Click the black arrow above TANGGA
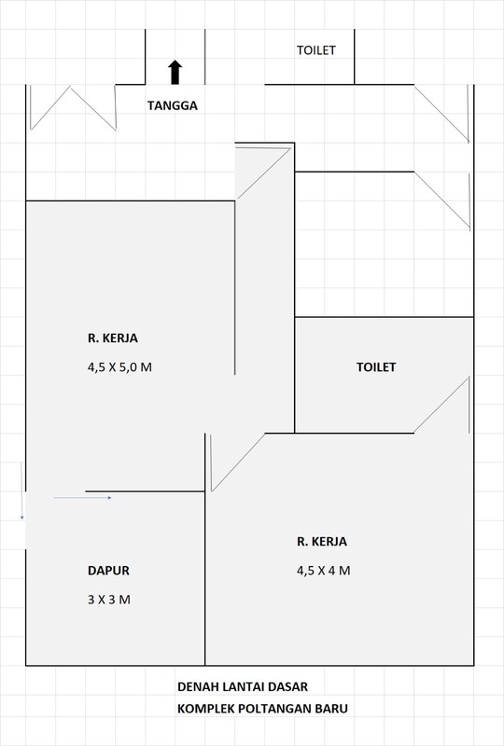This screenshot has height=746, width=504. coord(175,72)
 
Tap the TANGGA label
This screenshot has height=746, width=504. coord(172,105)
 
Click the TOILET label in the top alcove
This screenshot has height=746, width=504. coord(315,50)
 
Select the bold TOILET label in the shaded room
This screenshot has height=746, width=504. coord(376,367)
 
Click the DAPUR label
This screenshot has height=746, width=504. coord(109,570)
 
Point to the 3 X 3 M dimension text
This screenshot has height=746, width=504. coord(109,600)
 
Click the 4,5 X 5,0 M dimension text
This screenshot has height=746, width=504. coord(119,367)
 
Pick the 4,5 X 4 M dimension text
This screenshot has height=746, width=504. coord(323,571)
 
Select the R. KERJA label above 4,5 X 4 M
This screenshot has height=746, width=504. coord(322,541)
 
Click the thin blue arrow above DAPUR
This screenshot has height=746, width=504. coord(83,498)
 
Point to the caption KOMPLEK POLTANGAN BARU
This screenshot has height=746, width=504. coord(262,709)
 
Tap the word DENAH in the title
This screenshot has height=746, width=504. coord(198,686)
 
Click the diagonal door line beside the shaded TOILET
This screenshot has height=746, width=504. coord(441,406)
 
